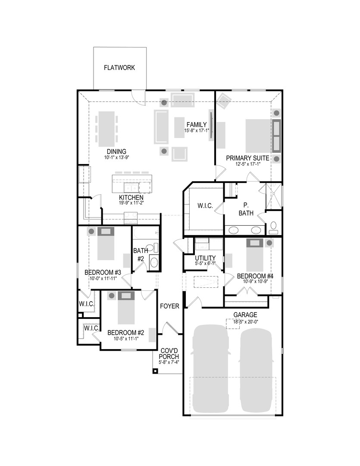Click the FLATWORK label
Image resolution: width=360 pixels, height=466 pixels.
point(119,68)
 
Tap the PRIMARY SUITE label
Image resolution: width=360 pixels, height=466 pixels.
point(248,158)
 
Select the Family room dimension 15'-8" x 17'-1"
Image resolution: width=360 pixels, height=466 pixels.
point(197,131)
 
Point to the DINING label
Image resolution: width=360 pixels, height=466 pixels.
point(116,151)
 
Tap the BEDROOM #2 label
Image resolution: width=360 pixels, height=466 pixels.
point(125,333)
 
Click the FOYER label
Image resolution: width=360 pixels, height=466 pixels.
point(169,306)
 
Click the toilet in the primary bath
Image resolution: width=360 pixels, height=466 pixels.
point(274,227)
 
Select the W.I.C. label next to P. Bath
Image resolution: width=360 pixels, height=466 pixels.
point(205,206)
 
